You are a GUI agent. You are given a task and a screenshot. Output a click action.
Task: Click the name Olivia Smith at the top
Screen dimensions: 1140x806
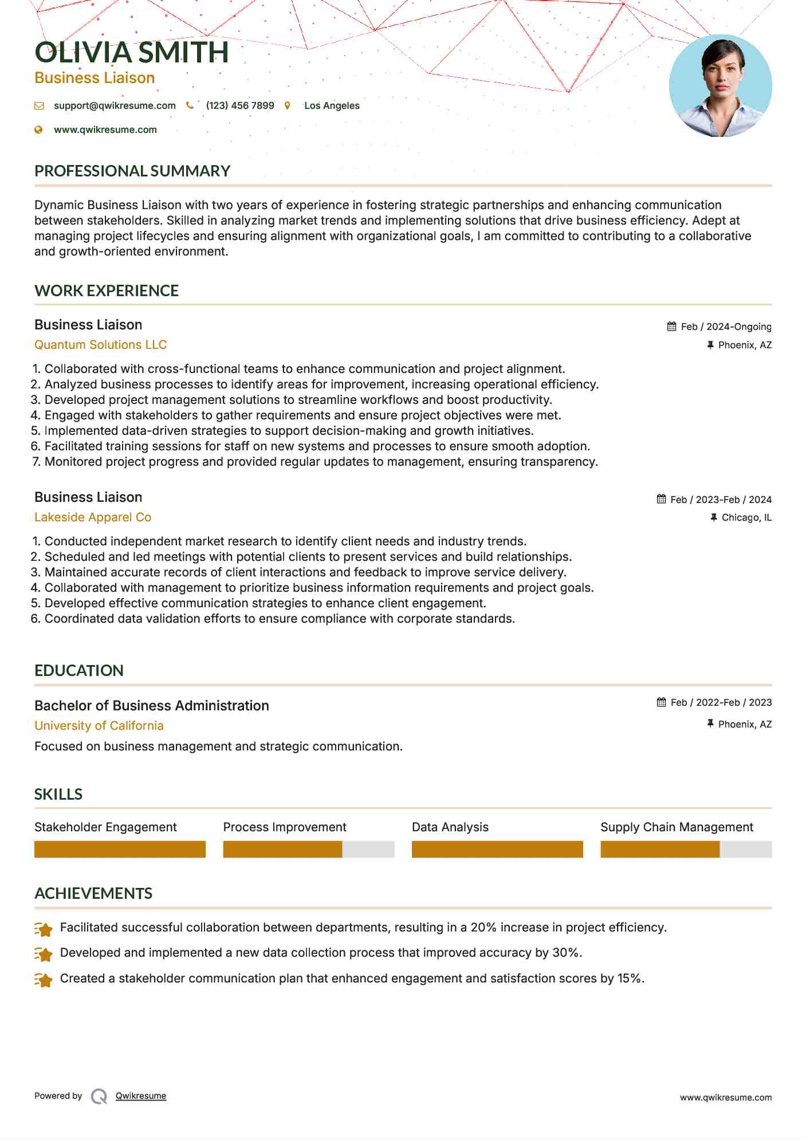coord(132,52)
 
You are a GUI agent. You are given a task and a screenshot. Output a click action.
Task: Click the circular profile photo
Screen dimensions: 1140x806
coord(720,86)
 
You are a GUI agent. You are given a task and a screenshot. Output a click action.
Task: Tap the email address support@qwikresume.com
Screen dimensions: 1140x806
coord(115,105)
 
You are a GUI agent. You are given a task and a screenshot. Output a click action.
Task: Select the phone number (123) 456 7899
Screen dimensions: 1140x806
coord(240,105)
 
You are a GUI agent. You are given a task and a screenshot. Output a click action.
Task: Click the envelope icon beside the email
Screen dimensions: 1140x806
coord(39,105)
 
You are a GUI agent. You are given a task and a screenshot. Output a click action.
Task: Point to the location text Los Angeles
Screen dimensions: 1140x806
coord(332,105)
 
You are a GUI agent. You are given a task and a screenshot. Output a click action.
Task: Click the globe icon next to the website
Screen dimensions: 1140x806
coord(39,129)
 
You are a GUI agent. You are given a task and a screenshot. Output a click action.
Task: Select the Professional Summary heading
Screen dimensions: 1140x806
coord(132,171)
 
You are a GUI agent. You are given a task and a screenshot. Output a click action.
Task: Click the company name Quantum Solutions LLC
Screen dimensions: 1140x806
coord(100,344)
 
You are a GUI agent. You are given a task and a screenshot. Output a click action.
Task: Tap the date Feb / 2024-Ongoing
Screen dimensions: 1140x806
coord(726,327)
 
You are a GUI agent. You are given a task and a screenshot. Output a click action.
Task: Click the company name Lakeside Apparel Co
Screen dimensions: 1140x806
coord(93,517)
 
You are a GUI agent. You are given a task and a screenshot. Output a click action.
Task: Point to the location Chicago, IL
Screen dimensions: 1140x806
coord(746,517)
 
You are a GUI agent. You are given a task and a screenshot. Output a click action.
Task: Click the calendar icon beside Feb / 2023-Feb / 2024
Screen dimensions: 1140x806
coord(661,499)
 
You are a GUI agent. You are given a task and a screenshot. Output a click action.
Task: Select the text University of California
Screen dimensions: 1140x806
coord(99,725)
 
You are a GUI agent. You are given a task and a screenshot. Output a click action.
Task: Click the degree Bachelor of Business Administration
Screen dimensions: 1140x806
coord(152,705)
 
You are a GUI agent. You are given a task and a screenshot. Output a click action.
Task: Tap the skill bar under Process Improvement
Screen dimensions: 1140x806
coord(309,849)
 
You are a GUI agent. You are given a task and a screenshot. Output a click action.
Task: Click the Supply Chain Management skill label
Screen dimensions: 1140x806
coord(677,827)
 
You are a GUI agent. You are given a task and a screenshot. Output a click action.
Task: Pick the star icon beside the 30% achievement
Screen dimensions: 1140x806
coord(44,954)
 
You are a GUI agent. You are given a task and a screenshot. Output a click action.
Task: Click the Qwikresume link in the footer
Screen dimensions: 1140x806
coord(141,1096)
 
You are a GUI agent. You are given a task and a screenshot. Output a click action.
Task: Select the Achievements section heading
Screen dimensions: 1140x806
coord(93,893)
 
